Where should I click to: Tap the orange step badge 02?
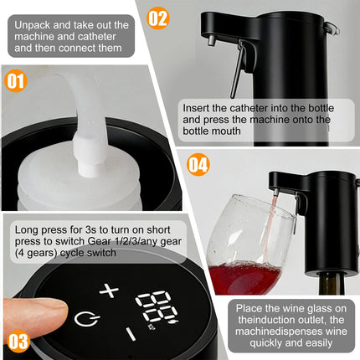click(x=158, y=18)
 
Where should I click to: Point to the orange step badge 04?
click(x=198, y=164)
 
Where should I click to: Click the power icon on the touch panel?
click(x=84, y=318)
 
